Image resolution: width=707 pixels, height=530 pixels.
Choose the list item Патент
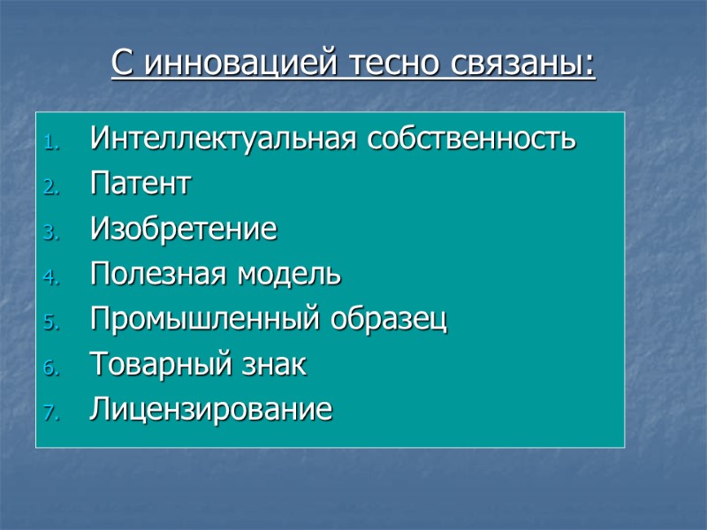(140, 185)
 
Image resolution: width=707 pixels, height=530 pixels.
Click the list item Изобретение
(183, 230)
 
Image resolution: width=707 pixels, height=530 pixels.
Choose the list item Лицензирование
(211, 410)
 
